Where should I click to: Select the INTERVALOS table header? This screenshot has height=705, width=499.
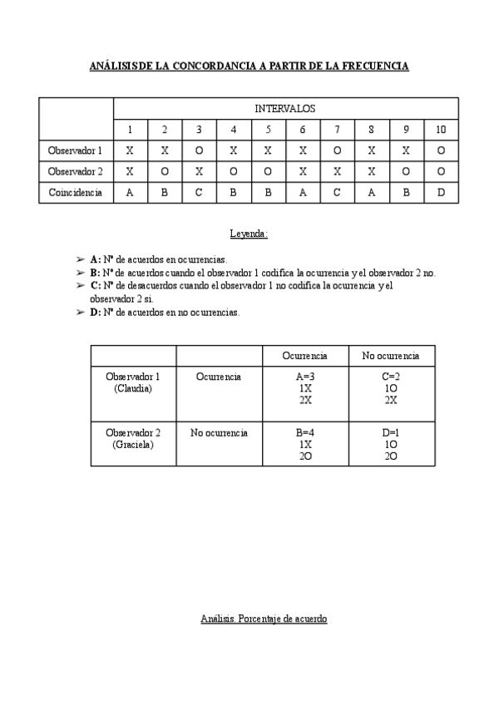click(x=284, y=108)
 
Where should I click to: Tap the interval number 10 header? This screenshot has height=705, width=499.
click(x=440, y=130)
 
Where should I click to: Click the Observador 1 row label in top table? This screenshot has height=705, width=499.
click(x=76, y=150)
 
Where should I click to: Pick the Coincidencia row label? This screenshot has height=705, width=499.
click(x=76, y=192)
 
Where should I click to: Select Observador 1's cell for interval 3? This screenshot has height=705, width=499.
click(x=199, y=150)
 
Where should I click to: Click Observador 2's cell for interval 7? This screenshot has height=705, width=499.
click(x=337, y=171)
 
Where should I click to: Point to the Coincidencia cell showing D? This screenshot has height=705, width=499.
click(x=440, y=192)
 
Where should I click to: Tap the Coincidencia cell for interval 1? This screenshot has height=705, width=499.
click(x=130, y=192)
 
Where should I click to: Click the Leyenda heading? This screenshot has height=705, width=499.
click(x=249, y=234)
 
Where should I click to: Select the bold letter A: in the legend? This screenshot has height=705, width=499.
click(x=95, y=259)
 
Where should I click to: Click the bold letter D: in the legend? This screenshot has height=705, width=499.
click(x=95, y=312)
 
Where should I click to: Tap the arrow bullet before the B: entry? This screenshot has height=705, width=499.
click(x=80, y=273)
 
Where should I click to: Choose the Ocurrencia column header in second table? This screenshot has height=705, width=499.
click(x=304, y=356)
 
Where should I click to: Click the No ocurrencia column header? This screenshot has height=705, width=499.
click(x=391, y=356)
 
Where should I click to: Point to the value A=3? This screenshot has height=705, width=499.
click(x=304, y=376)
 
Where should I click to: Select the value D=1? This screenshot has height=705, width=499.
click(x=391, y=432)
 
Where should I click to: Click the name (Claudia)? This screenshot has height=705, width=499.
click(x=133, y=388)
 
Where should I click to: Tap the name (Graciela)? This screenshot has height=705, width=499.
click(x=133, y=445)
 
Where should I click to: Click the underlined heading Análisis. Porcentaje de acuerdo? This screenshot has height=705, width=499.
click(x=264, y=619)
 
